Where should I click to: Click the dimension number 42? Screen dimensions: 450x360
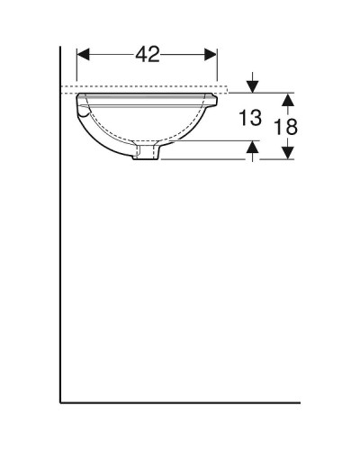coord(148,55)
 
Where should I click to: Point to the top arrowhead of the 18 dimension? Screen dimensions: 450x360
coord(286,98)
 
